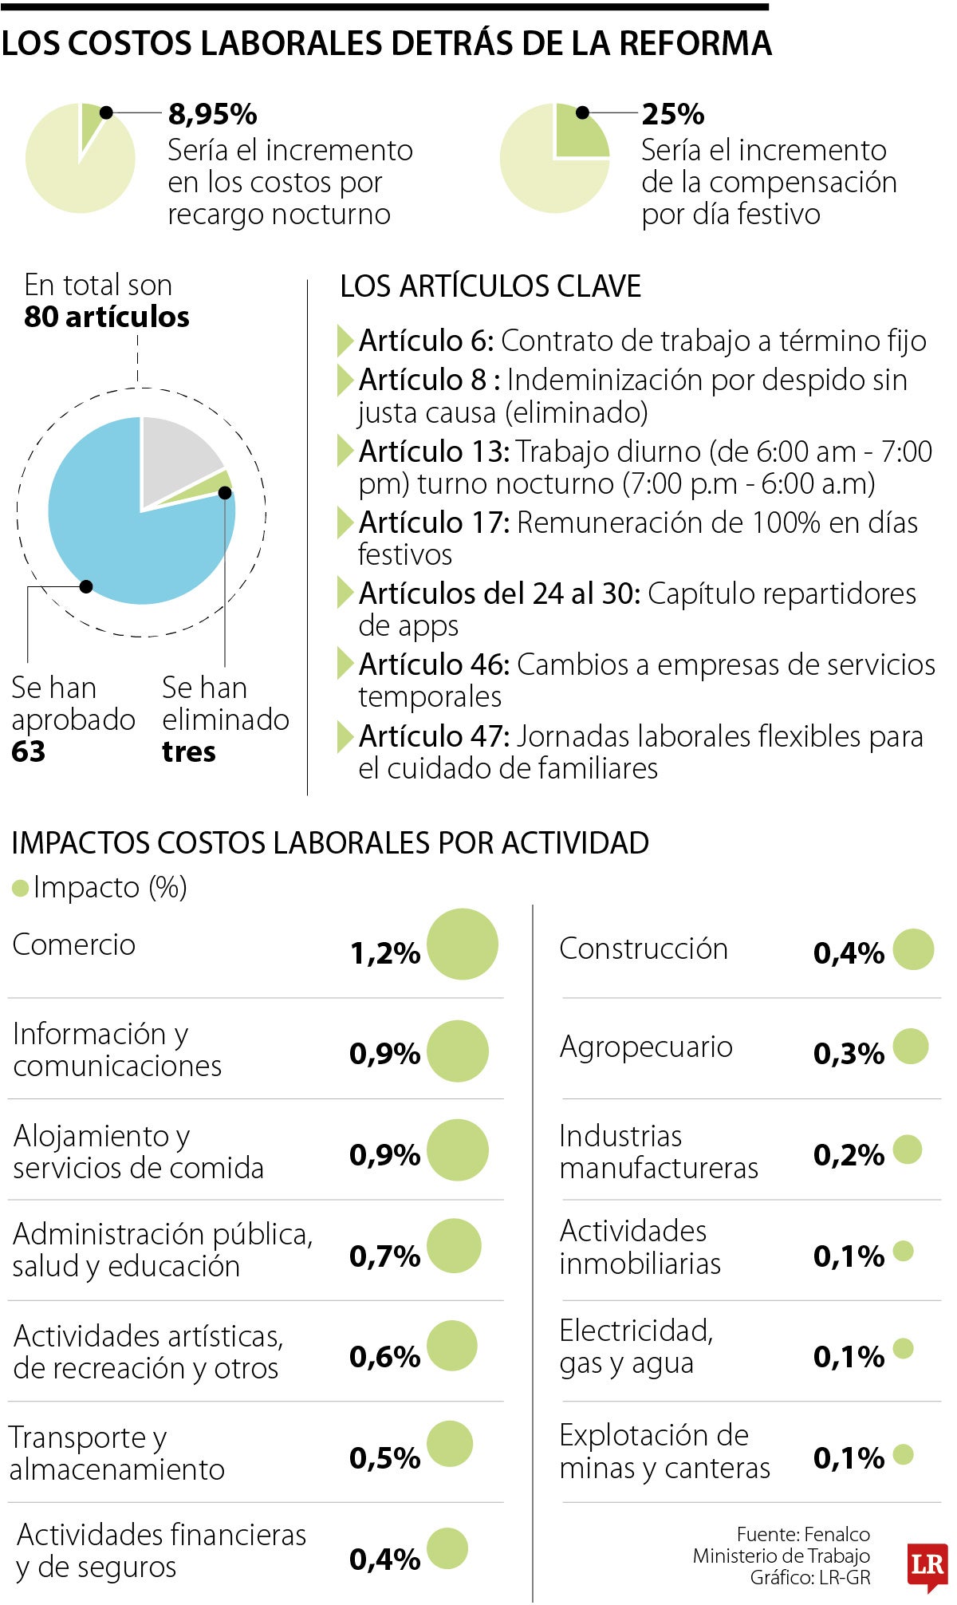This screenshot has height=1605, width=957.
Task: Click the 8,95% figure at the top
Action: (x=212, y=114)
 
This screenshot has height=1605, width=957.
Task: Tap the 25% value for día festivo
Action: (x=672, y=114)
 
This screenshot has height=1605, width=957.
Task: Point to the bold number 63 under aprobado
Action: (x=29, y=751)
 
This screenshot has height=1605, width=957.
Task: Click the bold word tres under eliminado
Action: (x=189, y=751)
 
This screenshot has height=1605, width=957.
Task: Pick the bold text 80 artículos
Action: (x=107, y=317)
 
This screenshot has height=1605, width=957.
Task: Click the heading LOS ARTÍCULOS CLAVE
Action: (x=490, y=286)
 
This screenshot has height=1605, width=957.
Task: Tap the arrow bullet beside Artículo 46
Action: (x=345, y=664)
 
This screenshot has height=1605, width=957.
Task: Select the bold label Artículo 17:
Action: (x=434, y=523)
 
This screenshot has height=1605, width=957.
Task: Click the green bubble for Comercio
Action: (x=463, y=944)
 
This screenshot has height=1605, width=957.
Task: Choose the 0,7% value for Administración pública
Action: (x=384, y=1256)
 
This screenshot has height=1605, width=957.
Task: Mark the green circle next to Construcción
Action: (x=913, y=949)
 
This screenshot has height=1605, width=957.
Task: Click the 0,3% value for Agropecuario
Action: (x=849, y=1053)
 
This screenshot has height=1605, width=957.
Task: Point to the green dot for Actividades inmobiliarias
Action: (x=903, y=1251)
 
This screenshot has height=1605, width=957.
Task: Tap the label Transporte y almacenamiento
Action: (x=116, y=1453)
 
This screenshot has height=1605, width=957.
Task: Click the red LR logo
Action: (x=927, y=1564)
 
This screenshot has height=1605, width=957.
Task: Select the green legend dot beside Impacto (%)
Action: (x=21, y=888)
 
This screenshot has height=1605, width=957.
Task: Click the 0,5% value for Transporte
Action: (x=384, y=1458)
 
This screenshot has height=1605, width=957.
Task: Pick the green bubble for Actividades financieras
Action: (x=447, y=1548)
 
